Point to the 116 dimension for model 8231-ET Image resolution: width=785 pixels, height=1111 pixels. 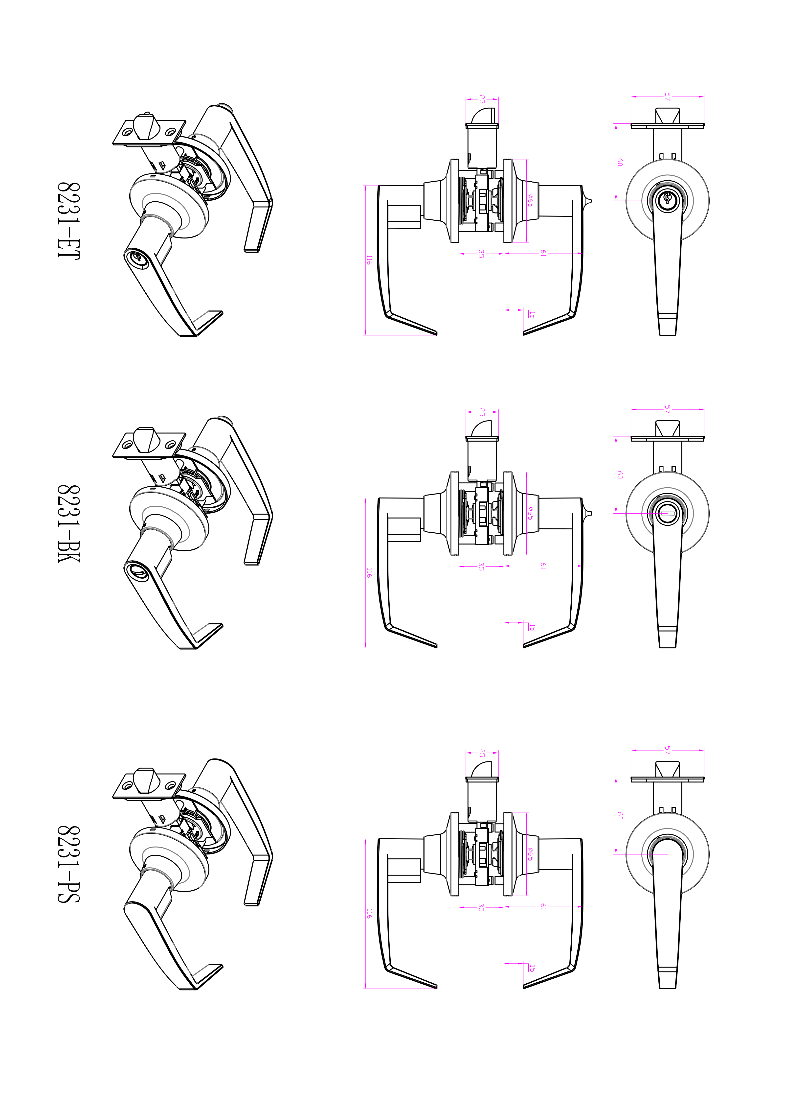pos(369,260)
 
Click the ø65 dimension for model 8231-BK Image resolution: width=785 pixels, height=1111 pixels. pos(531,513)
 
